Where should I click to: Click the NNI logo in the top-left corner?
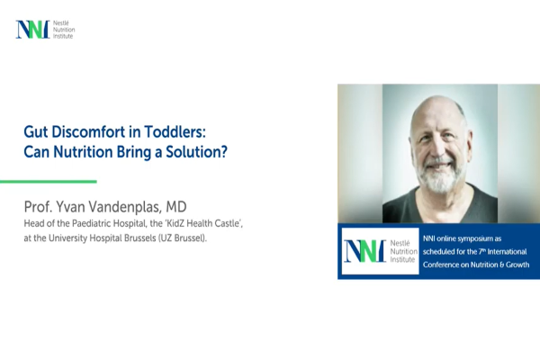click(x=45, y=30)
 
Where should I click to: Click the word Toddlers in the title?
click(x=175, y=131)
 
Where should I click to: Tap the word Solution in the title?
click(x=196, y=151)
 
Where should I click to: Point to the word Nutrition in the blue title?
click(x=83, y=151)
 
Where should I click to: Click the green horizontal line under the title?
click(x=49, y=181)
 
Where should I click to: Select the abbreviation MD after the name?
click(x=176, y=207)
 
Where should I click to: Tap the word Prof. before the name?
click(x=38, y=207)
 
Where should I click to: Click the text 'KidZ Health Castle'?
click(x=204, y=223)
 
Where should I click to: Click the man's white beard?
click(x=440, y=177)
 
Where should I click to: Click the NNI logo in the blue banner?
click(x=380, y=251)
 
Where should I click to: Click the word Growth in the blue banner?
click(x=517, y=265)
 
